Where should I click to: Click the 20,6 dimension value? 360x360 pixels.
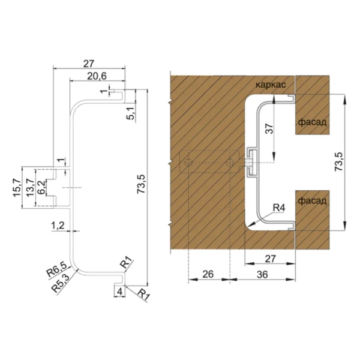coord(97,76)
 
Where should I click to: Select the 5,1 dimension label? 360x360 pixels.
coord(131,114)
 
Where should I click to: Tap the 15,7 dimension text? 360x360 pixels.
coord(17,188)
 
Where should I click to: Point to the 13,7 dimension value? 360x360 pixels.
coord(31,188)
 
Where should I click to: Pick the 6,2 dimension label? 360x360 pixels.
coord(41,188)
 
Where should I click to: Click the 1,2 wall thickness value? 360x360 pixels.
coord(58,226)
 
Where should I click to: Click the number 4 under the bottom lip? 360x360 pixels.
coord(119,292)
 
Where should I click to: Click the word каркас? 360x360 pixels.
coord(271,85)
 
